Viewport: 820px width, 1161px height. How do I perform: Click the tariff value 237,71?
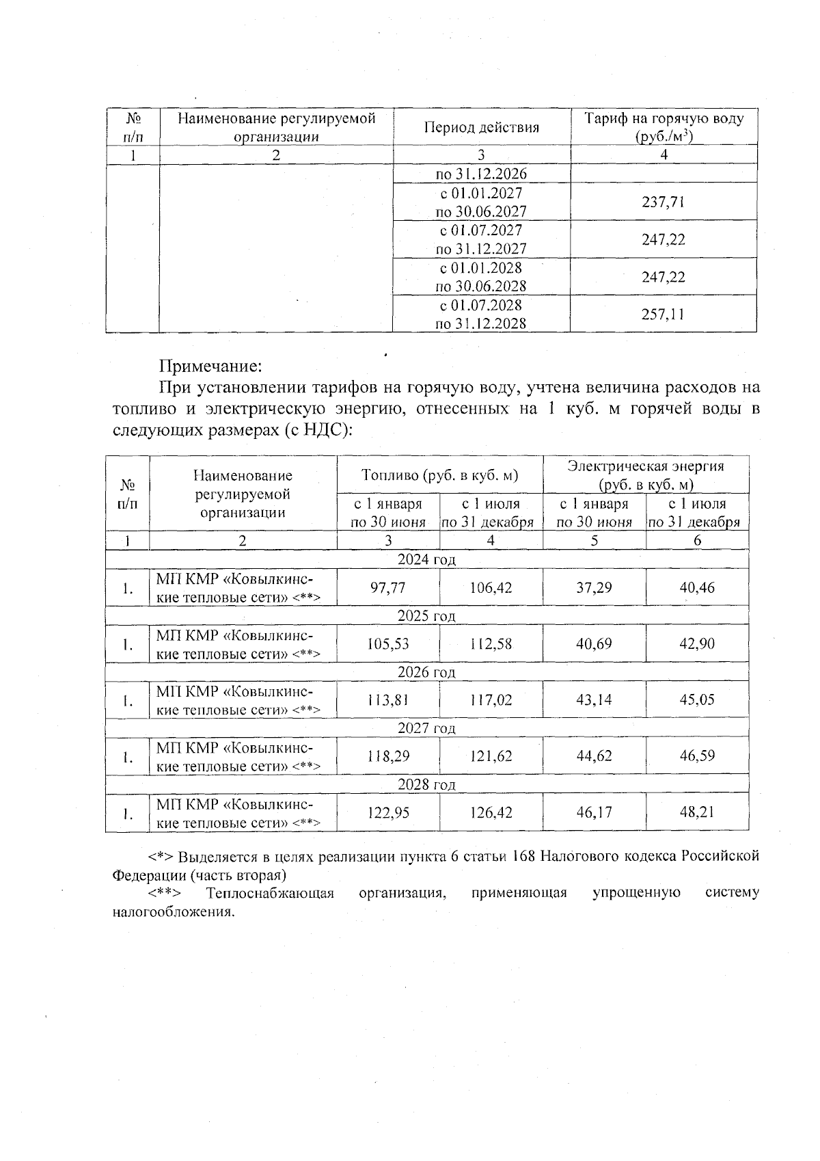click(663, 202)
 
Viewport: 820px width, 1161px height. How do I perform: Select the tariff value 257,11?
click(663, 315)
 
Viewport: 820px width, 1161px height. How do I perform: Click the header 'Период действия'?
click(481, 127)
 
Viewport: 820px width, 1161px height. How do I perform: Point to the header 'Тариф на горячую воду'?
click(663, 119)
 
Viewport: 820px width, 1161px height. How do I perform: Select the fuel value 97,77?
click(387, 587)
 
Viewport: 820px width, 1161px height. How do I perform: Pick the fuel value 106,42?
click(491, 587)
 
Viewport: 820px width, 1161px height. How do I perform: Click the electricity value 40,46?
click(697, 587)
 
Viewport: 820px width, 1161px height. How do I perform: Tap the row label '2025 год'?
click(426, 615)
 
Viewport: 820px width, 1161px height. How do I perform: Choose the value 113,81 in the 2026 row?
click(387, 700)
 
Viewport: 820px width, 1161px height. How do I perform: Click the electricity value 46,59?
click(697, 756)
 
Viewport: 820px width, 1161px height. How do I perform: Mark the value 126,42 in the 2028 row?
click(491, 813)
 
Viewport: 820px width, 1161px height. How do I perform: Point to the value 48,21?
click(697, 813)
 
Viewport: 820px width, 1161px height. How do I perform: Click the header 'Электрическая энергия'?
click(645, 466)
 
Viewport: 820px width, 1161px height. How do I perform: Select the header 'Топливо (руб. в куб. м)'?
click(439, 475)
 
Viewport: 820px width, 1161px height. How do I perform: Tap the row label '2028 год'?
click(426, 784)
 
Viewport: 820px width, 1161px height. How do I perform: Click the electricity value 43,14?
click(594, 700)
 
